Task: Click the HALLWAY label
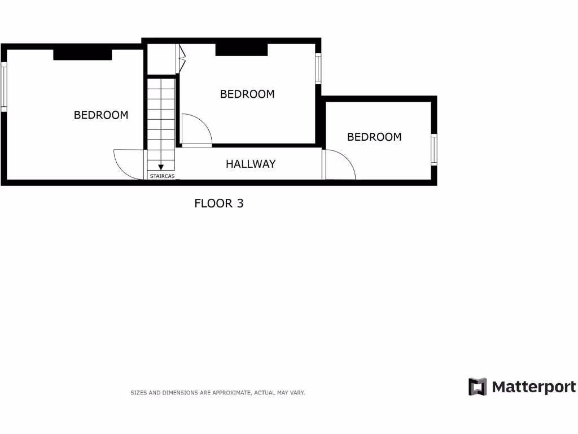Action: pos(251,164)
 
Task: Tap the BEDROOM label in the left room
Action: pos(101,115)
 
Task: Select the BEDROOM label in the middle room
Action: pos(247,94)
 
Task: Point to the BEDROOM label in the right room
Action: pos(374,137)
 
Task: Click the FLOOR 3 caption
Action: pos(219,203)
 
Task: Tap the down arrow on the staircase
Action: pos(161,167)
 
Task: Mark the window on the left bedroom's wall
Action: pos(3,86)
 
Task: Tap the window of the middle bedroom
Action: pos(318,68)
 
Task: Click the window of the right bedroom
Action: pos(434,149)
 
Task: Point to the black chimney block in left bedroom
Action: pos(82,54)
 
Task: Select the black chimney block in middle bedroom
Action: pos(241,50)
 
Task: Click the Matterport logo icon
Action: pos(477,387)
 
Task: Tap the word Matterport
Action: pos(533,387)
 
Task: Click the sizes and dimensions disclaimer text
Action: pos(217,392)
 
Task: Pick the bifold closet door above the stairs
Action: pos(181,59)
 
